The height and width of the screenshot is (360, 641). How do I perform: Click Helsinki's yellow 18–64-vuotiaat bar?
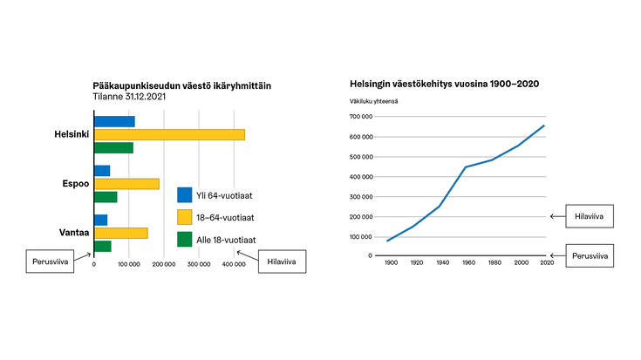point(168,134)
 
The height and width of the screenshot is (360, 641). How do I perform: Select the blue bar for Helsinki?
point(114,121)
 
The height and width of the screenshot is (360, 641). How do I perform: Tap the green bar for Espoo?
point(105,197)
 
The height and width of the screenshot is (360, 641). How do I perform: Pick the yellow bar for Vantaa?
point(120,233)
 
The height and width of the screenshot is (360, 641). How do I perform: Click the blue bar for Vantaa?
point(100,220)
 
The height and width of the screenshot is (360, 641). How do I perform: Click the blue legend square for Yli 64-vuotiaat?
point(184,195)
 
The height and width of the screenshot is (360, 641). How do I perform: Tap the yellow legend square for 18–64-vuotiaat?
point(184,217)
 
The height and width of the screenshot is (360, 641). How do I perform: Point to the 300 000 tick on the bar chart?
point(199,262)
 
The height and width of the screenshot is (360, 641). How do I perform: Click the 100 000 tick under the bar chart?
point(129,262)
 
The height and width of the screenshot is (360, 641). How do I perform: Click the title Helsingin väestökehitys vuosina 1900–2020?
point(444,84)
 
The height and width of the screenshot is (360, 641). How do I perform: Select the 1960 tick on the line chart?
point(467,262)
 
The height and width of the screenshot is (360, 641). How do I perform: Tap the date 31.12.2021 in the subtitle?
point(147,97)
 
